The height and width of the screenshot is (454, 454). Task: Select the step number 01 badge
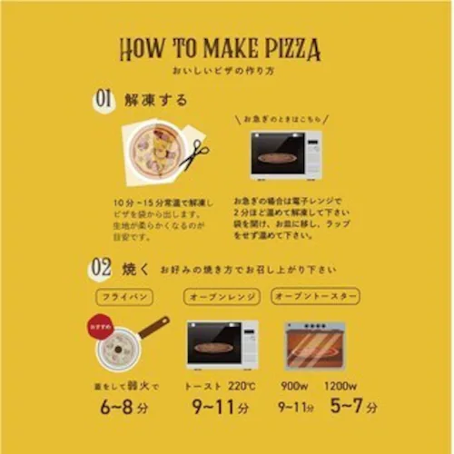(104, 101)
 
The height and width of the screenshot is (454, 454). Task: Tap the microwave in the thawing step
(286, 156)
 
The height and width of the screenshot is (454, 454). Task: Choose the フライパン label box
(126, 297)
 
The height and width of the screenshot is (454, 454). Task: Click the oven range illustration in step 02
(222, 343)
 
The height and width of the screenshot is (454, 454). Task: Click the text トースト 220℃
(222, 383)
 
